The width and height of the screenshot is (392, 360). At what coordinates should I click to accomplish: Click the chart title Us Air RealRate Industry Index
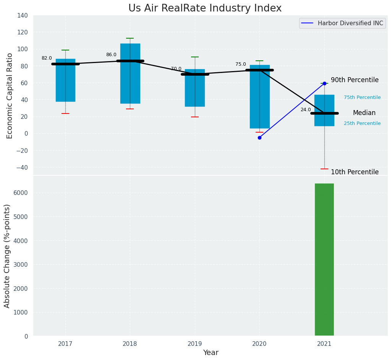tap(205, 8)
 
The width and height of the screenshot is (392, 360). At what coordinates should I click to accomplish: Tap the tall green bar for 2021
tap(324, 259)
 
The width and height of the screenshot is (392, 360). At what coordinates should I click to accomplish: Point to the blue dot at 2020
tap(259, 138)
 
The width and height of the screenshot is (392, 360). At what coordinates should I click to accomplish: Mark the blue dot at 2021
tap(324, 83)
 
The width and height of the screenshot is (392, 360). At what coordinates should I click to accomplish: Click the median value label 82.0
tap(47, 58)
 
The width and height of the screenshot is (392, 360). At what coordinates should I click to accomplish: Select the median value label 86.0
tap(111, 55)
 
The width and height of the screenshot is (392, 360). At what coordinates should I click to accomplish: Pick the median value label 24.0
tap(306, 110)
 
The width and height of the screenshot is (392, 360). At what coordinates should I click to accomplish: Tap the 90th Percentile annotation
tap(355, 80)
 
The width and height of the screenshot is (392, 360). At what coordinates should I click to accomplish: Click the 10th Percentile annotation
tap(355, 172)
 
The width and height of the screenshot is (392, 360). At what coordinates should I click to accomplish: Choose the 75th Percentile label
tap(362, 97)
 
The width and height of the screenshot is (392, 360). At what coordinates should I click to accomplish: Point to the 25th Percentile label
tap(362, 123)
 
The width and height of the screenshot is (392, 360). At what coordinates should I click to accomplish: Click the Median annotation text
tap(364, 113)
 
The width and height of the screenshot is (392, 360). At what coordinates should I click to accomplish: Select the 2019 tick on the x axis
tap(195, 344)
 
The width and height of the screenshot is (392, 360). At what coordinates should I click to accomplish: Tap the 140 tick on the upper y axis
tap(23, 16)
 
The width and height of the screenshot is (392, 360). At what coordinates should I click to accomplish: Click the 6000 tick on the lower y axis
tap(21, 193)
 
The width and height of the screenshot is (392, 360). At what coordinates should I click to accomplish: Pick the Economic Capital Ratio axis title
tap(10, 96)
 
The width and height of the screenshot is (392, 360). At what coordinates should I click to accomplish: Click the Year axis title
tap(211, 353)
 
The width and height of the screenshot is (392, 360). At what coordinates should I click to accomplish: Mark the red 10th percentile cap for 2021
tap(324, 169)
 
